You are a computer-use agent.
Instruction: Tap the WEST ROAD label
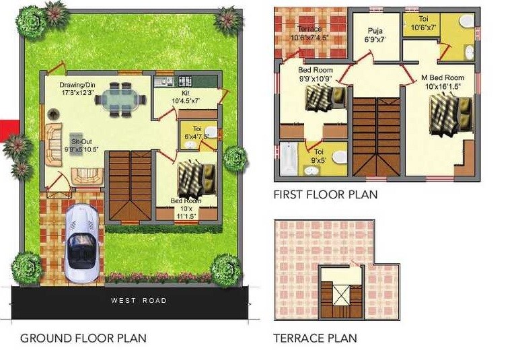click(139, 300)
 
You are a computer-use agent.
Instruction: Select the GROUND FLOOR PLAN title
click(83, 338)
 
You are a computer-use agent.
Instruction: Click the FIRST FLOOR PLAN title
click(326, 194)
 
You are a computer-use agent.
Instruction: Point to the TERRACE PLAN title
click(316, 338)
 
